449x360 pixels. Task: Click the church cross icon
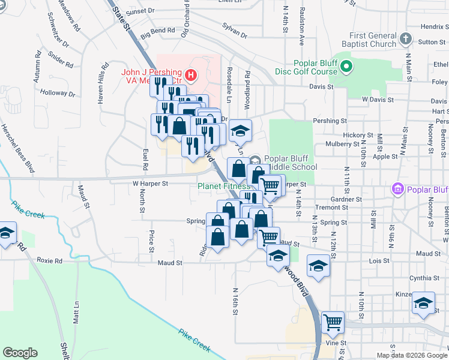pos(405,40)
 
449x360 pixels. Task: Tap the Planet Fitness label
pos(224,186)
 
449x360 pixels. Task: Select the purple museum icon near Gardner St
pos(396,190)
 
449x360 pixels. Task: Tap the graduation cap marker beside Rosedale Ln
pos(240,130)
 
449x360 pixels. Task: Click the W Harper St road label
pos(149,184)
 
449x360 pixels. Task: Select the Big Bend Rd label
pos(158,30)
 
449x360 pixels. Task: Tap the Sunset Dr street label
pos(140,11)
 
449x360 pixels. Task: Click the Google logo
pos(20,353)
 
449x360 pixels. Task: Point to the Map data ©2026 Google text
pos(411,355)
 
